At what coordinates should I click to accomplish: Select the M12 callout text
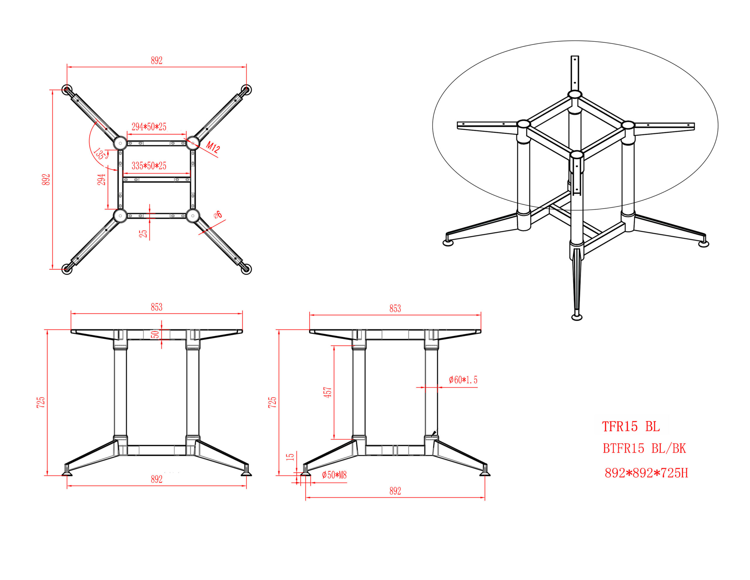213,147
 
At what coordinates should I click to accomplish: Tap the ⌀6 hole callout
218,215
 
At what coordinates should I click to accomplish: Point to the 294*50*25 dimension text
149,127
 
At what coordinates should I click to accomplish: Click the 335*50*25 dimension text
149,166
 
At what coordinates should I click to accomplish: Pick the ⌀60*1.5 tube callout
463,380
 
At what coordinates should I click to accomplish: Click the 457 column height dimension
328,392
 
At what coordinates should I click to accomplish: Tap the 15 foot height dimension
291,457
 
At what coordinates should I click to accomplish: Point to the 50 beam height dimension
156,334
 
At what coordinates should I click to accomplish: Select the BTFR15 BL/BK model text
644,448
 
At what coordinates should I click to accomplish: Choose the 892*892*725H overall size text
646,473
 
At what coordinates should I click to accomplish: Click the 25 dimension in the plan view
143,233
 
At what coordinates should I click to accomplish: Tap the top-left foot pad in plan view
67,90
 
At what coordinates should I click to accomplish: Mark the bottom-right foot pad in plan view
246,269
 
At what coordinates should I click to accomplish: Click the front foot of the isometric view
577,317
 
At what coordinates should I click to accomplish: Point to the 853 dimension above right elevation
395,308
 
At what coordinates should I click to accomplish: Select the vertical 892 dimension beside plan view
46,179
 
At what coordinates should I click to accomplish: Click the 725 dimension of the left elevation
40,402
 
